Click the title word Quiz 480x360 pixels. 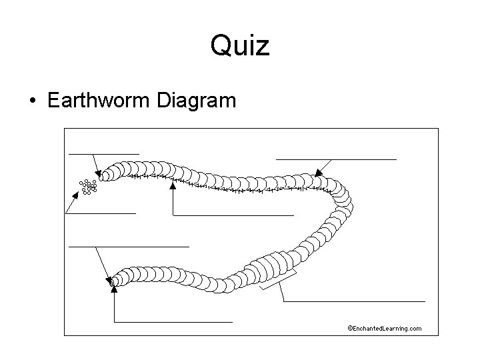coord(239,47)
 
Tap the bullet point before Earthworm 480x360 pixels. coord(33,102)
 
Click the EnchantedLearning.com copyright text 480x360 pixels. coord(385,328)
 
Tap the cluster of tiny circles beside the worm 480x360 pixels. coord(88,187)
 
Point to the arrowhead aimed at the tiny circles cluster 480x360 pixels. coord(75,197)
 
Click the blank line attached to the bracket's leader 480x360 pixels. coord(353,302)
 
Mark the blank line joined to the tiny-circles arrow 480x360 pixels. coord(101,213)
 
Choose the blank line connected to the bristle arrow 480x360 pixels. coord(233,215)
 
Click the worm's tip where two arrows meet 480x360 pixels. coord(115,281)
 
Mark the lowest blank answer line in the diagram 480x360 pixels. coord(173,322)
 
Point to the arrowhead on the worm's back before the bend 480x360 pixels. coord(318,172)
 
